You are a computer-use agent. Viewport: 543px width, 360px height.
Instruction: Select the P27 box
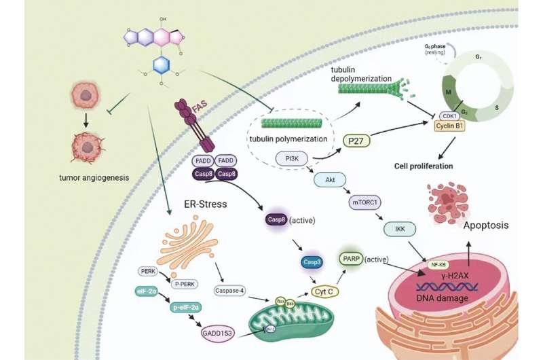(x=354, y=141)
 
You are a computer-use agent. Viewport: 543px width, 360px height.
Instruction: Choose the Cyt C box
(x=326, y=290)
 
